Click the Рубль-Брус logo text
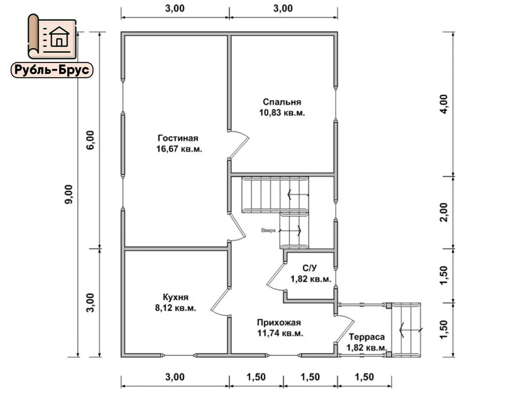coord(52,70)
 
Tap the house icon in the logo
coord(60,37)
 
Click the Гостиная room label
coord(178,138)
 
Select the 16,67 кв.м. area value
coord(180,149)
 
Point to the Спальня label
coord(282,102)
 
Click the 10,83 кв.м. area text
coord(282,113)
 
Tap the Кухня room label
coord(176,297)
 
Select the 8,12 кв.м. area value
coord(176,308)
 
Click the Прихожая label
coord(279,322)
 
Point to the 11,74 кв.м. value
coord(280,333)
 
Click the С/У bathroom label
coord(311,268)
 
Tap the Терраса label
coord(367,337)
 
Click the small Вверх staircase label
coord(268,230)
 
